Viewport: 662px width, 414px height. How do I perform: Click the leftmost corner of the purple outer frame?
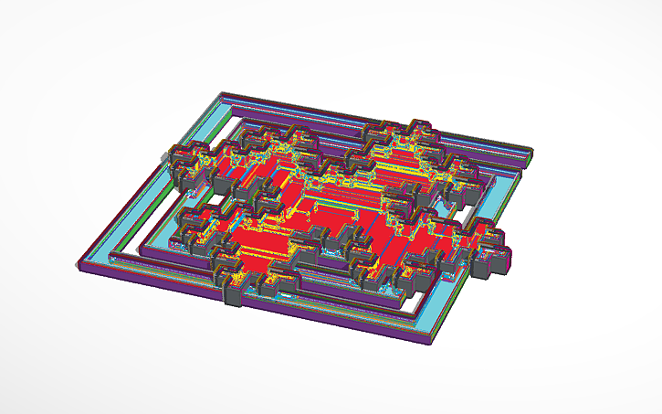(77, 265)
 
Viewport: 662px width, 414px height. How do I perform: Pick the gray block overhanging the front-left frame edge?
(234, 295)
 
